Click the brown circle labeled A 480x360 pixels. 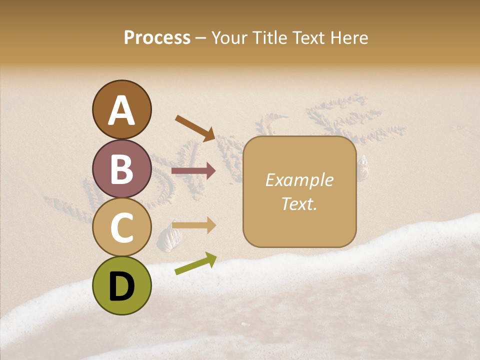tap(121, 109)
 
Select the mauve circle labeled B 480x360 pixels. tap(121, 168)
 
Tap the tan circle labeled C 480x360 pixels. tap(121, 227)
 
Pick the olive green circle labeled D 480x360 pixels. tap(121, 285)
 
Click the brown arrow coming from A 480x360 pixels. tap(194, 128)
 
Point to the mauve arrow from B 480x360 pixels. tap(193, 171)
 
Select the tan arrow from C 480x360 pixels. tap(193, 225)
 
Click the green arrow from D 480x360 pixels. tap(195, 263)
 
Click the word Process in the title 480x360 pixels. tap(157, 38)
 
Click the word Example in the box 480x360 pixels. tap(299, 180)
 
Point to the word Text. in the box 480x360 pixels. tap(299, 203)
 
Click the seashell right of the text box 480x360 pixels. tap(362, 167)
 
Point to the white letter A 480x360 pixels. tap(121, 110)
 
